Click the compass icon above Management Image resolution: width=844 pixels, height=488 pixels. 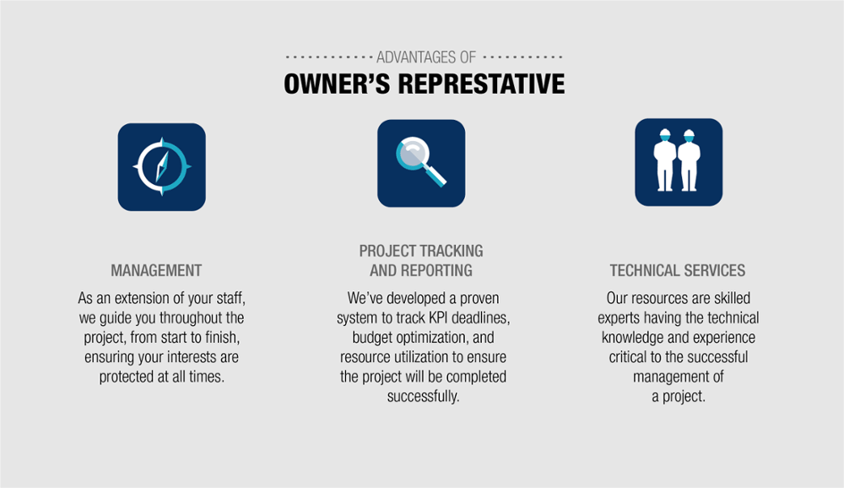tap(161, 166)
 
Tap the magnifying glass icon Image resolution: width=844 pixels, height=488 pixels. tap(420, 163)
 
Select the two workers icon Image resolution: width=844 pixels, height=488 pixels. tap(678, 161)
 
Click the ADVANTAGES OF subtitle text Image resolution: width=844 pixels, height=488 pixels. tap(425, 57)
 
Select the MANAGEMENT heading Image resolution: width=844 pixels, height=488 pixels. tap(156, 271)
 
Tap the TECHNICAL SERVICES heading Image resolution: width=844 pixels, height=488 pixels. tap(678, 271)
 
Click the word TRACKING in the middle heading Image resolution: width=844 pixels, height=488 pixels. tap(451, 251)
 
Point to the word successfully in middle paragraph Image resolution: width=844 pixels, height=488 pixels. tap(423, 396)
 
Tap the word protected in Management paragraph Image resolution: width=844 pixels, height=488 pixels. tap(128, 377)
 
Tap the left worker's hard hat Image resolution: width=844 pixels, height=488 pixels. tap(666, 133)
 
